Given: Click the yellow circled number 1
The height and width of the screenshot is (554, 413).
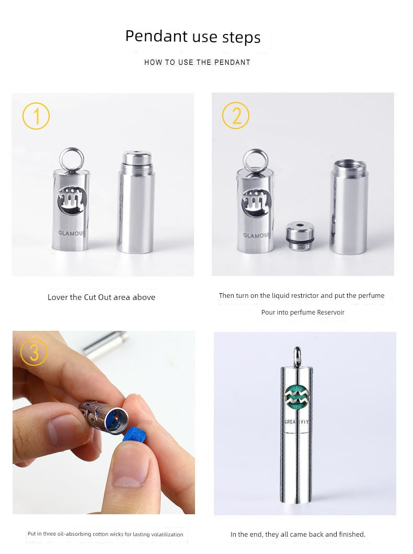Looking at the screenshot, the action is click(x=36, y=116).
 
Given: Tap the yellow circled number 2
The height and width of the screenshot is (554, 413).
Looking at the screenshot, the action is click(x=236, y=115).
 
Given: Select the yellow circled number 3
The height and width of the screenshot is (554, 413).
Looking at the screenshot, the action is click(x=34, y=352).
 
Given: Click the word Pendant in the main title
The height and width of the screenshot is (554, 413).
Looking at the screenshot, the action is click(x=156, y=36).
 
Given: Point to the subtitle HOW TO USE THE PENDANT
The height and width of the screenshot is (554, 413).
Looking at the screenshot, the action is click(x=197, y=62).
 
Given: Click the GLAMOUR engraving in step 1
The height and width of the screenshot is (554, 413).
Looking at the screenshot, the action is click(x=72, y=233).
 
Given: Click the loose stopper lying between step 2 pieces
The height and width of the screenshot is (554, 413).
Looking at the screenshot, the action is click(x=300, y=236).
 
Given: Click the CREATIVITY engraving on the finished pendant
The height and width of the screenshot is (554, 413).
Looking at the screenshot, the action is click(x=296, y=422).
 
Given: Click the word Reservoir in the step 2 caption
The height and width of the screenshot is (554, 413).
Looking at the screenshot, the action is click(x=331, y=313).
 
